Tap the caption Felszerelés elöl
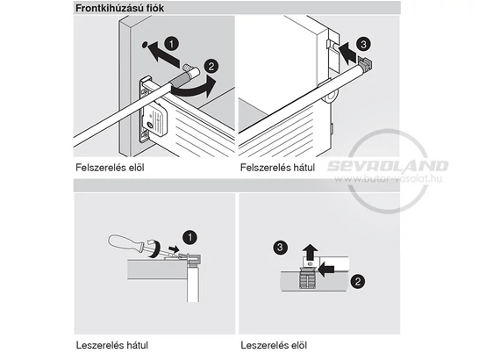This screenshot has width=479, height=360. [113, 166]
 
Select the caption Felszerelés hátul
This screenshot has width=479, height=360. [277, 166]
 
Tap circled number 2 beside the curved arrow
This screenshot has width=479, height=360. [210, 67]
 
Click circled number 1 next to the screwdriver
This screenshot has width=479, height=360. [190, 236]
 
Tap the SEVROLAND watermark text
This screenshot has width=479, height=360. [388, 165]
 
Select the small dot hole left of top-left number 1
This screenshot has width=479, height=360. [146, 45]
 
